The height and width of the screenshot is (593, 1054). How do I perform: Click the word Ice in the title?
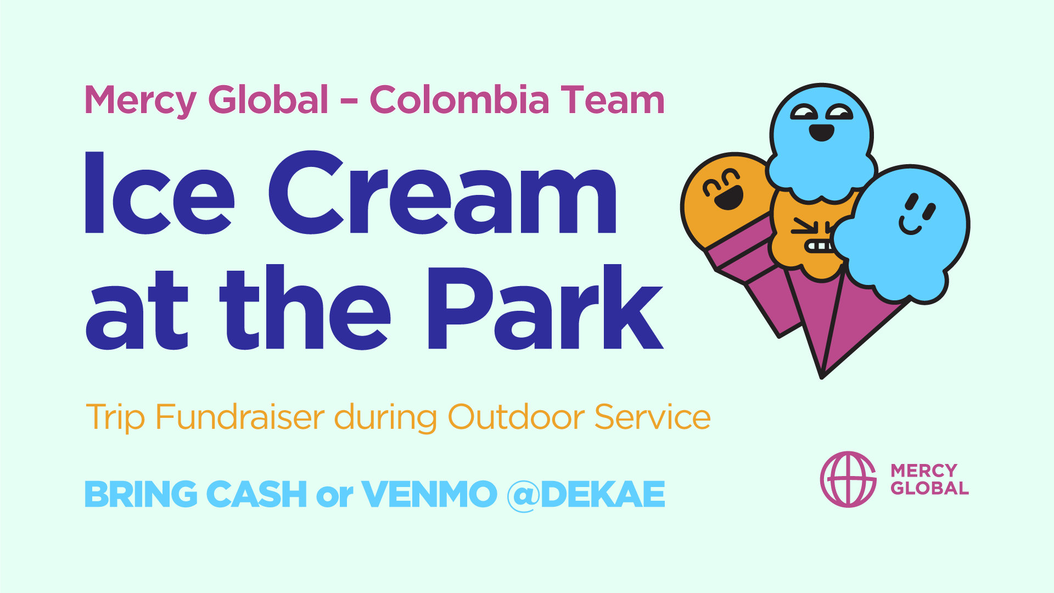tap(160, 193)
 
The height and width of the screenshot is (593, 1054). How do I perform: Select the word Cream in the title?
tap(442, 193)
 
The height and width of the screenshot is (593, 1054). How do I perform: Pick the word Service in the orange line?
tap(653, 417)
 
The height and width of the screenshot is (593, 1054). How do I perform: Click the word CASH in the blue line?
tap(256, 494)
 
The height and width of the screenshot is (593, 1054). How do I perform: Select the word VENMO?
tap(429, 494)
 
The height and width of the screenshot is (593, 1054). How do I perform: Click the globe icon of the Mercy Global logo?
tap(848, 479)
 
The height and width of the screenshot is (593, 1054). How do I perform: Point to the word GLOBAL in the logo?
tap(929, 488)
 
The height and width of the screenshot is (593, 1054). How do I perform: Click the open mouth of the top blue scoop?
tap(822, 132)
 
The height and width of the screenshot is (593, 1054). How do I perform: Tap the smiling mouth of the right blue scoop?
tap(910, 226)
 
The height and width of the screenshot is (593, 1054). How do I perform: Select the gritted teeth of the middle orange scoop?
tap(820, 246)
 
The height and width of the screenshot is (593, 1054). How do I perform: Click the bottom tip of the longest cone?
tap(822, 378)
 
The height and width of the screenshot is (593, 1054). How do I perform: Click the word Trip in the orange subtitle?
tap(115, 418)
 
